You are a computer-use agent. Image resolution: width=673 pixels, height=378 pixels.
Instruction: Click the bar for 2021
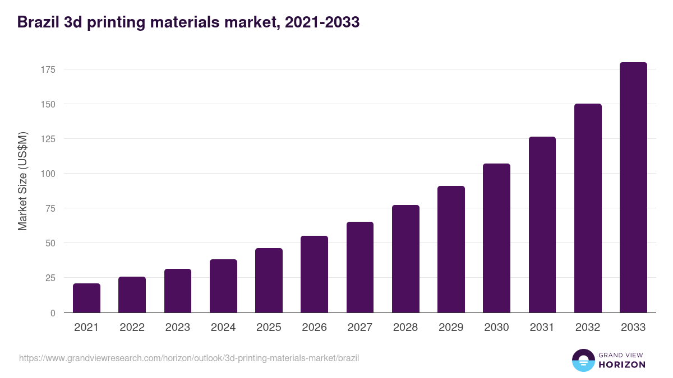pos(86,298)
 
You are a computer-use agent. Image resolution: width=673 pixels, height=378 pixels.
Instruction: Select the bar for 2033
pos(633,188)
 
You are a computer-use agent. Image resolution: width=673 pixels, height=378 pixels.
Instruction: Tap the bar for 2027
pos(360,267)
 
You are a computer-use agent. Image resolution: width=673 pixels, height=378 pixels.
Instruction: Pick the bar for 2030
pos(496,238)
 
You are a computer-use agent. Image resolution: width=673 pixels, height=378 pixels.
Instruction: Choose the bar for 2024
pos(223,286)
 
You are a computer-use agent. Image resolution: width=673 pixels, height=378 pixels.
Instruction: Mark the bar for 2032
pos(588,208)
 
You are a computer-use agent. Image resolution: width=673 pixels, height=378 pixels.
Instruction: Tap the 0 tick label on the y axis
pos(53,313)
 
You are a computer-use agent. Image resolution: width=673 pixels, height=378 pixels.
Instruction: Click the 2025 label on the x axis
pos(269,328)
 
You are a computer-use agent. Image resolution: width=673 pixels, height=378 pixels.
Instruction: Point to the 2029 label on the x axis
pos(451,328)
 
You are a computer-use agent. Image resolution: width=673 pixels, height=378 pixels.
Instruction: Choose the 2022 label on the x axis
pos(132,328)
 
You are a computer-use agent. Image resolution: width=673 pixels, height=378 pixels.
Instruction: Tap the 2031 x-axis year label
pos(542,328)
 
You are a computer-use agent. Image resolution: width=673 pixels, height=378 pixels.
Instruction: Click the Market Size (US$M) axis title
pos(22,181)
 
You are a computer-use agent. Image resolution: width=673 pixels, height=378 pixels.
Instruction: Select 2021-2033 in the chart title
pos(322,22)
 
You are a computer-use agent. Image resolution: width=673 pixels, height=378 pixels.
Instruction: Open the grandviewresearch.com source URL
pos(189,358)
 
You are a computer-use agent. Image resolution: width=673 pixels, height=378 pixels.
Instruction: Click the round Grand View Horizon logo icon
pos(583,360)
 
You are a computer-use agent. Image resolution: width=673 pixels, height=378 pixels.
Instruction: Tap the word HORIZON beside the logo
pos(622,365)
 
